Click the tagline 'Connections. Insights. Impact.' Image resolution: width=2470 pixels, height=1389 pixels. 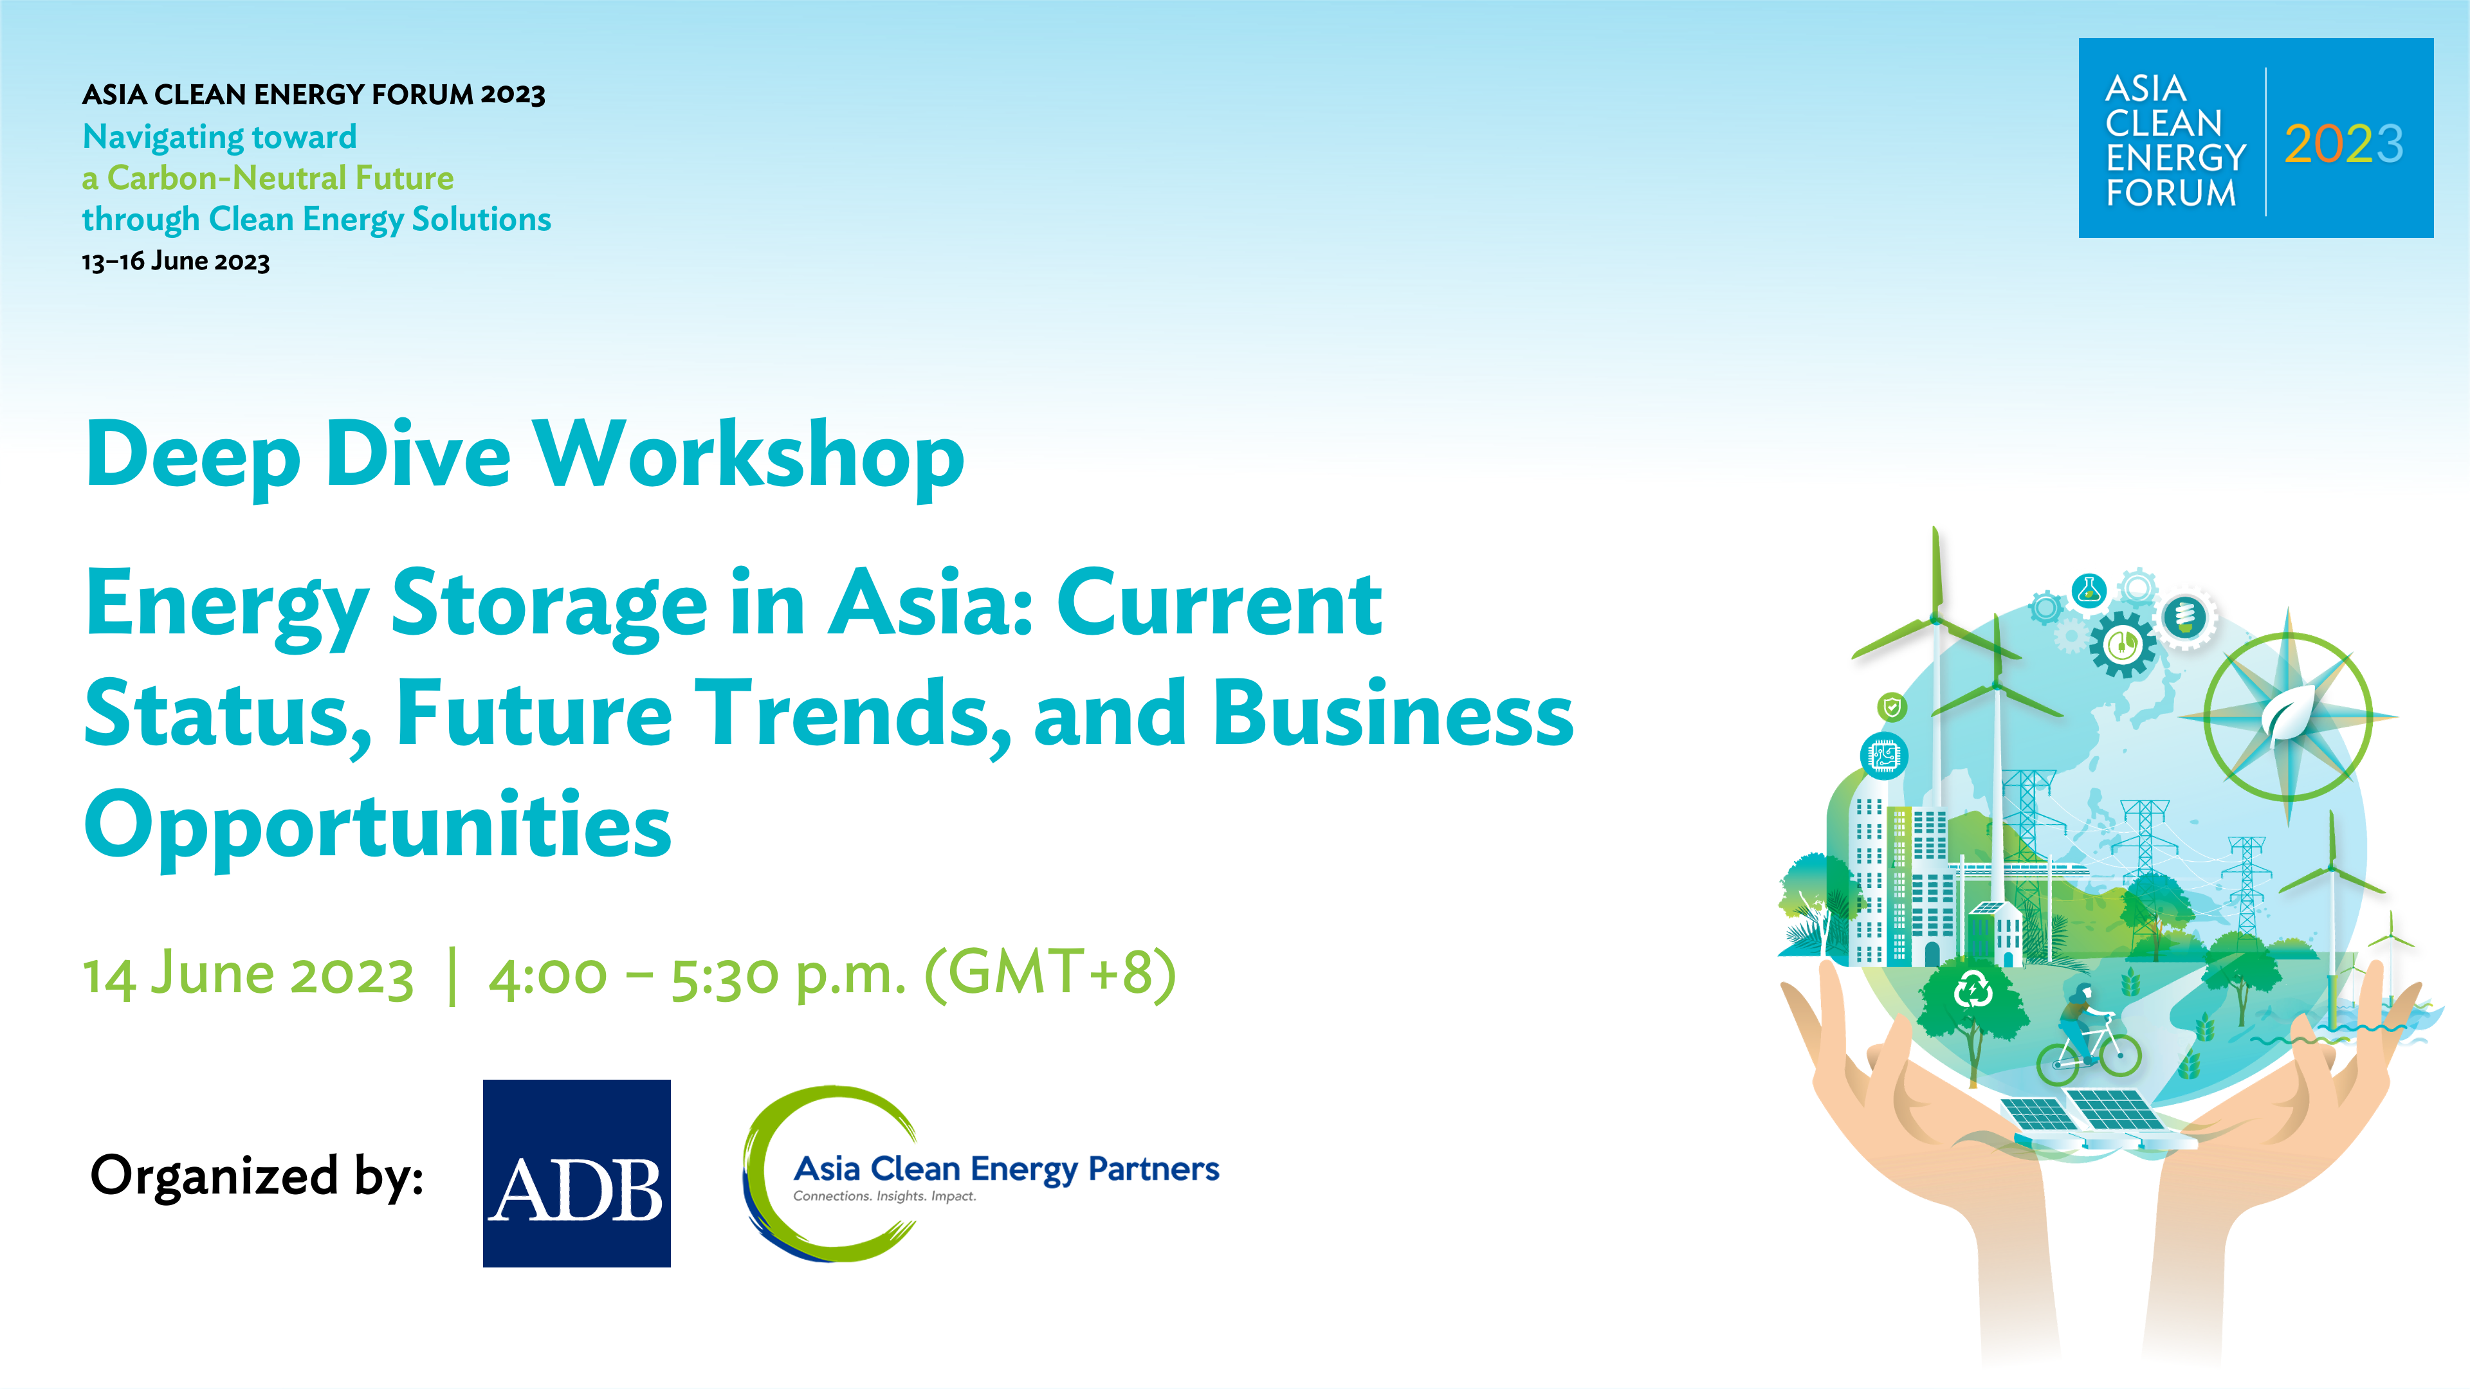[x=884, y=1196]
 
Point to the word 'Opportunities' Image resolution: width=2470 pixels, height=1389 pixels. [x=378, y=826]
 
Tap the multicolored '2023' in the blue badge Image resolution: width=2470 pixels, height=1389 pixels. [x=2343, y=144]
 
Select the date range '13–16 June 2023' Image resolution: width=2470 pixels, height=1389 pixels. [x=176, y=262]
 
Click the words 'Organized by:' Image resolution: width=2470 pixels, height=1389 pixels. [x=257, y=1176]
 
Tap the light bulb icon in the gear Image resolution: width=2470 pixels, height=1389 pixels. [x=2185, y=617]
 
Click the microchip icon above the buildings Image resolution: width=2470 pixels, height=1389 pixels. [x=1884, y=756]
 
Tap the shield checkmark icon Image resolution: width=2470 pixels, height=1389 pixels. [x=1892, y=707]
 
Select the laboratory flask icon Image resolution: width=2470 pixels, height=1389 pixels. [x=2089, y=590]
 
